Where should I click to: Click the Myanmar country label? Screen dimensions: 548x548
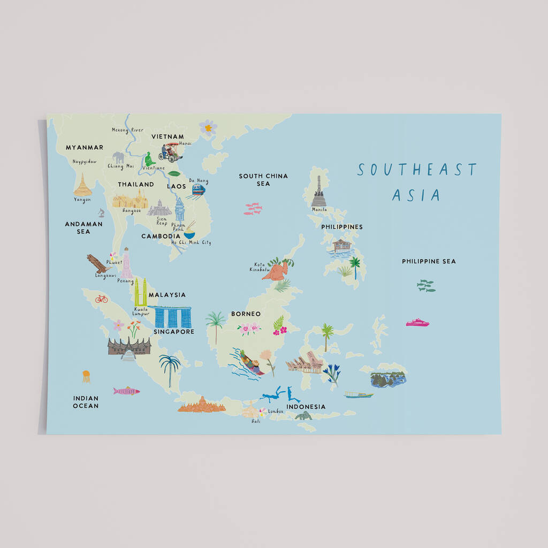[x=85, y=147]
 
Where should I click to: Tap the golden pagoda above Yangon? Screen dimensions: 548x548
[x=83, y=185]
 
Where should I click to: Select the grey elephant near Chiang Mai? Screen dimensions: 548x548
[x=118, y=157]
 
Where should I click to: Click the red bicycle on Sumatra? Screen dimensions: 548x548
[x=102, y=299]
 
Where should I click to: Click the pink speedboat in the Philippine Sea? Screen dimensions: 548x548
[x=417, y=322]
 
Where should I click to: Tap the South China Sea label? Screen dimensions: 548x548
[x=263, y=180]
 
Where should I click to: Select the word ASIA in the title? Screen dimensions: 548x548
[x=416, y=195]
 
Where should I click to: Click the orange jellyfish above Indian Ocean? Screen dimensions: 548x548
[x=86, y=376]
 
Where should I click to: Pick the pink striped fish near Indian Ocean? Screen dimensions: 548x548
[x=126, y=391]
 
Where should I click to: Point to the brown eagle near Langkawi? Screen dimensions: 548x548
[x=98, y=263]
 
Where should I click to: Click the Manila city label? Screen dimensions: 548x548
[x=319, y=210]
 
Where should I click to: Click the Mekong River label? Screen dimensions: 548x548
[x=127, y=130]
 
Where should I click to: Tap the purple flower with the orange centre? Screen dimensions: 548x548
[x=208, y=127]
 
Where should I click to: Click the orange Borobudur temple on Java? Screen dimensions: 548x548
[x=201, y=405]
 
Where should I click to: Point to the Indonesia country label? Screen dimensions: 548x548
[x=306, y=407]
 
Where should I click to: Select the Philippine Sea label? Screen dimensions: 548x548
[x=429, y=262]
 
